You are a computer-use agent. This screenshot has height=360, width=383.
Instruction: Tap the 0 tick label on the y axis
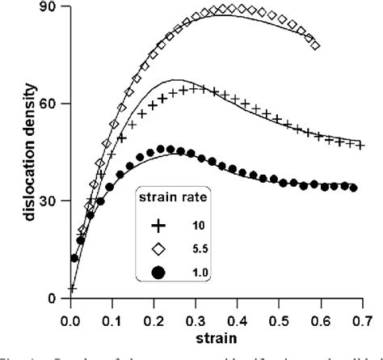(x=55, y=299)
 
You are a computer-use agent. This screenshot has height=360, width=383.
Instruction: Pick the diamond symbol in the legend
(x=158, y=250)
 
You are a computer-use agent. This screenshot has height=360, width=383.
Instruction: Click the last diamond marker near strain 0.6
(x=315, y=45)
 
